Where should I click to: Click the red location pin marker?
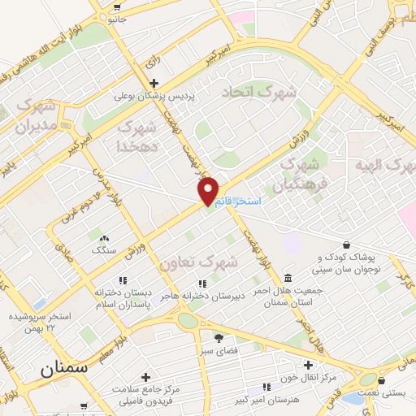pos(209,190)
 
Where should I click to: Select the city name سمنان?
pos(63,370)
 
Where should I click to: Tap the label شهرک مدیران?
pos(37,117)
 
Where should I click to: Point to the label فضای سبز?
pos(219,352)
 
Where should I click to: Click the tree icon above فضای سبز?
pos(219,337)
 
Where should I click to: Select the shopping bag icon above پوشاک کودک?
pos(347,245)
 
